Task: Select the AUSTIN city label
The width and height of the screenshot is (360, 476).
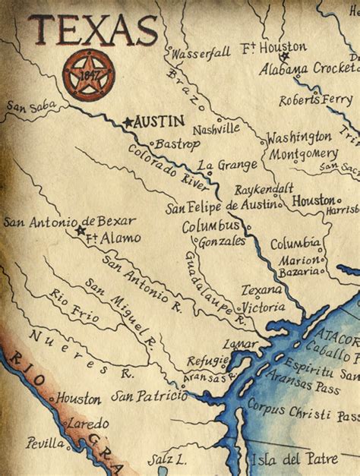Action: point(161,121)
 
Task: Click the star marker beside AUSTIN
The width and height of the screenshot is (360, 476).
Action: point(128,121)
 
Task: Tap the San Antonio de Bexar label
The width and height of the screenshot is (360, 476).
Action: point(69,222)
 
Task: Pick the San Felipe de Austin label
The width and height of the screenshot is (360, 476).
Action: point(223,206)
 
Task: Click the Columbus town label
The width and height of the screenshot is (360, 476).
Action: point(210,226)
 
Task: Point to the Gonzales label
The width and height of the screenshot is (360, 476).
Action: point(221,241)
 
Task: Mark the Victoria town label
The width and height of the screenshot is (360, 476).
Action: point(264,307)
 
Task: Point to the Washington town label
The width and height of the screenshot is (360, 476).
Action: point(298,137)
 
